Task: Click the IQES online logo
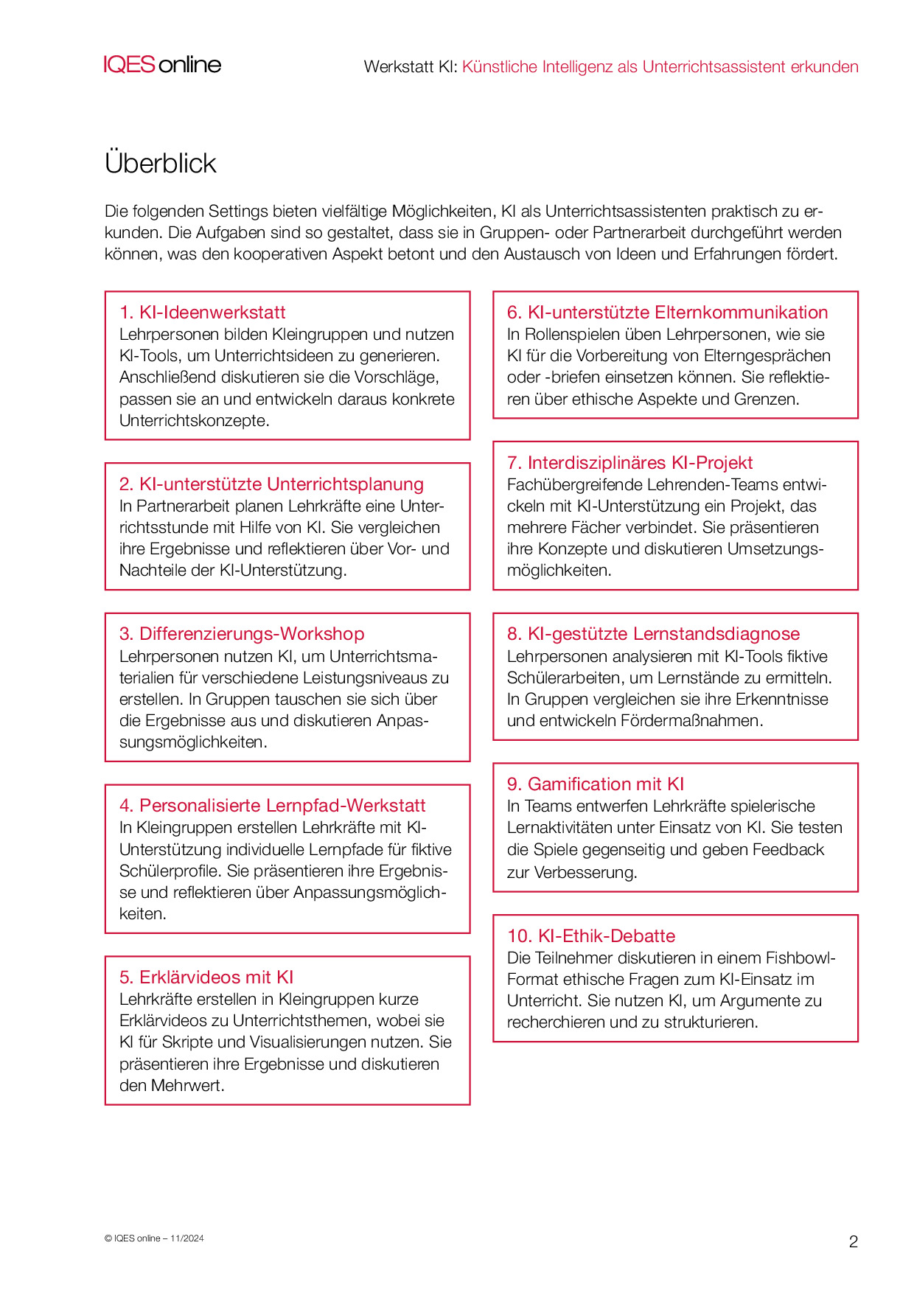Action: pyautogui.click(x=162, y=65)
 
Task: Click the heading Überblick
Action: pyautogui.click(x=161, y=163)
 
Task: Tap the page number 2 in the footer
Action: pyautogui.click(x=853, y=1241)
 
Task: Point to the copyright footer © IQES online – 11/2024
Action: pyautogui.click(x=154, y=1238)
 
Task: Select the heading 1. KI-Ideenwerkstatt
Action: pyautogui.click(x=202, y=312)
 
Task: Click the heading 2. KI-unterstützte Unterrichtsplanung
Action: pyautogui.click(x=271, y=484)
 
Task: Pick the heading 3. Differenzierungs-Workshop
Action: pyautogui.click(x=242, y=633)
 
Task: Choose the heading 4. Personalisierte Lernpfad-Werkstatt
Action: pyautogui.click(x=272, y=805)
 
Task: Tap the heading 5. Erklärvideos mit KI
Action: pyautogui.click(x=206, y=977)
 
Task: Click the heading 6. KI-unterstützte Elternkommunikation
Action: pyautogui.click(x=667, y=312)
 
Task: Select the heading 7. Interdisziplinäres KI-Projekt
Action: pyautogui.click(x=629, y=462)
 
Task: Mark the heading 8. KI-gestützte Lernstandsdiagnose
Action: pyautogui.click(x=653, y=633)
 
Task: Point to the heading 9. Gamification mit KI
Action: pyautogui.click(x=596, y=784)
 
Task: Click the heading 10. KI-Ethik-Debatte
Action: pyautogui.click(x=591, y=935)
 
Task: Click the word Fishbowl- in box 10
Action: pyautogui.click(x=800, y=958)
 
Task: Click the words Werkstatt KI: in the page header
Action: pyautogui.click(x=411, y=66)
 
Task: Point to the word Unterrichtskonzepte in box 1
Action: pyautogui.click(x=194, y=420)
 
